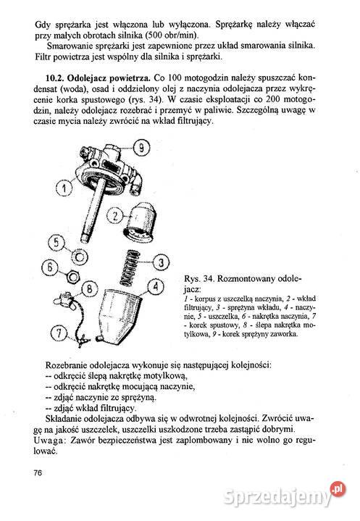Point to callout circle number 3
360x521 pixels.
point(163,262)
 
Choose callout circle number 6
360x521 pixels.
point(48,267)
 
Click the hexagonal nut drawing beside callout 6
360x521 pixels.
point(72,275)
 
